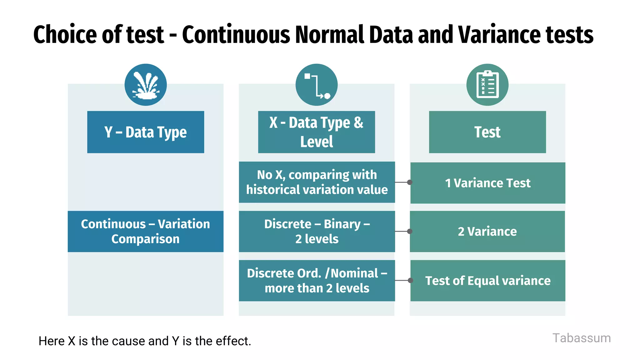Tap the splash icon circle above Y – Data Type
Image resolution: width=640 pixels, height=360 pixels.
[146, 85]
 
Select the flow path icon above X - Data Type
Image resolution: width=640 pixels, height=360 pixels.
[317, 85]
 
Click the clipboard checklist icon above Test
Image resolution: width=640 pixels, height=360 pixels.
[487, 85]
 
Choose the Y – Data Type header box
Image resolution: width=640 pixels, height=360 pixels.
[146, 132]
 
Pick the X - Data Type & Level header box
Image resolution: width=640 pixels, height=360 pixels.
[317, 132]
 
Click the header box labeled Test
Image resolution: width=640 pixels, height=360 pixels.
[487, 132]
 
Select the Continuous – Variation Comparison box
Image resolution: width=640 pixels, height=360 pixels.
[146, 231]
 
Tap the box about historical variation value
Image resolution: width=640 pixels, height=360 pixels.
[317, 182]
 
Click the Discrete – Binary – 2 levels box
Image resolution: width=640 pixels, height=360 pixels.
[317, 231]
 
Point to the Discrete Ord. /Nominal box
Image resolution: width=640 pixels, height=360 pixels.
[317, 280]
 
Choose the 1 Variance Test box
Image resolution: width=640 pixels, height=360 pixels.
[487, 183]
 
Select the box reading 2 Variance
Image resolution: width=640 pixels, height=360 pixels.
[487, 231]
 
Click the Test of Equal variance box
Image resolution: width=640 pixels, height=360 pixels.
[487, 280]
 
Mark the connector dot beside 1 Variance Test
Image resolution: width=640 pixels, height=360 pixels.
[410, 182]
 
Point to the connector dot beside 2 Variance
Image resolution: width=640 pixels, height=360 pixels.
[410, 231]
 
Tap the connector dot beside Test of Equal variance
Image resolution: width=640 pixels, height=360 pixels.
[410, 280]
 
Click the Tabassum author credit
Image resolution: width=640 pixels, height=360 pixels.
[581, 338]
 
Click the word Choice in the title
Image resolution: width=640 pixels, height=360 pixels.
[65, 34]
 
